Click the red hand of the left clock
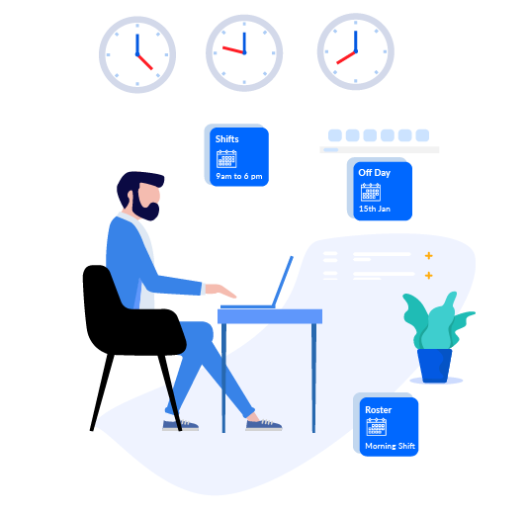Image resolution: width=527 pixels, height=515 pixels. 145,62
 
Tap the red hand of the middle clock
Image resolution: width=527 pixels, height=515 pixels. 233,50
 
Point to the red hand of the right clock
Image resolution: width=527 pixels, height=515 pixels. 346,57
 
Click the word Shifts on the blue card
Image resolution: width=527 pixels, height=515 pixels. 226,139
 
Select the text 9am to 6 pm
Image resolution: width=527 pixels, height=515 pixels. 239,176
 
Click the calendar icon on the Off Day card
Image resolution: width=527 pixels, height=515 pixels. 371,192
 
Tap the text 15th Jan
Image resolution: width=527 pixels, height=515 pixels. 375,209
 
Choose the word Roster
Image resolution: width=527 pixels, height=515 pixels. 378,410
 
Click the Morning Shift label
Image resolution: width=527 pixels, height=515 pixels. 390,446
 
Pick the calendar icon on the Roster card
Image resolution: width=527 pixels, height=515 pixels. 377,427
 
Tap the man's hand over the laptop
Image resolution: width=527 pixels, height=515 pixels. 220,291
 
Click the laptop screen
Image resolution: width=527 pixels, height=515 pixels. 283,282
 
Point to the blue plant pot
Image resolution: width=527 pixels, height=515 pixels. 435,366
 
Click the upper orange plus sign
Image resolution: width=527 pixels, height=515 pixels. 428,256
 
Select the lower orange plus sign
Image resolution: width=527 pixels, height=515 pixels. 428,276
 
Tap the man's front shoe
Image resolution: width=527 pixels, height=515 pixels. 264,424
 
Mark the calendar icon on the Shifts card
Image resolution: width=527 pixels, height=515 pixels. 226,159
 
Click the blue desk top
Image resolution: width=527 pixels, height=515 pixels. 270,316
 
